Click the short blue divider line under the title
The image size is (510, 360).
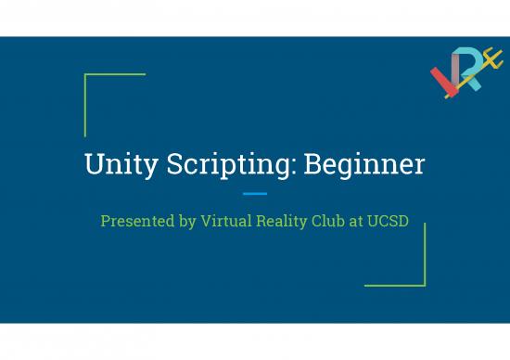click(x=254, y=194)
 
